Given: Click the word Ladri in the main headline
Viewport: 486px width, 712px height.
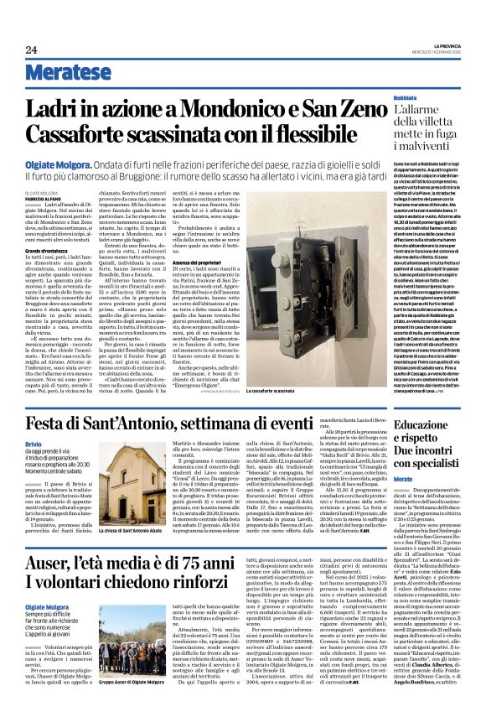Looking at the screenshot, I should [x=52, y=108].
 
